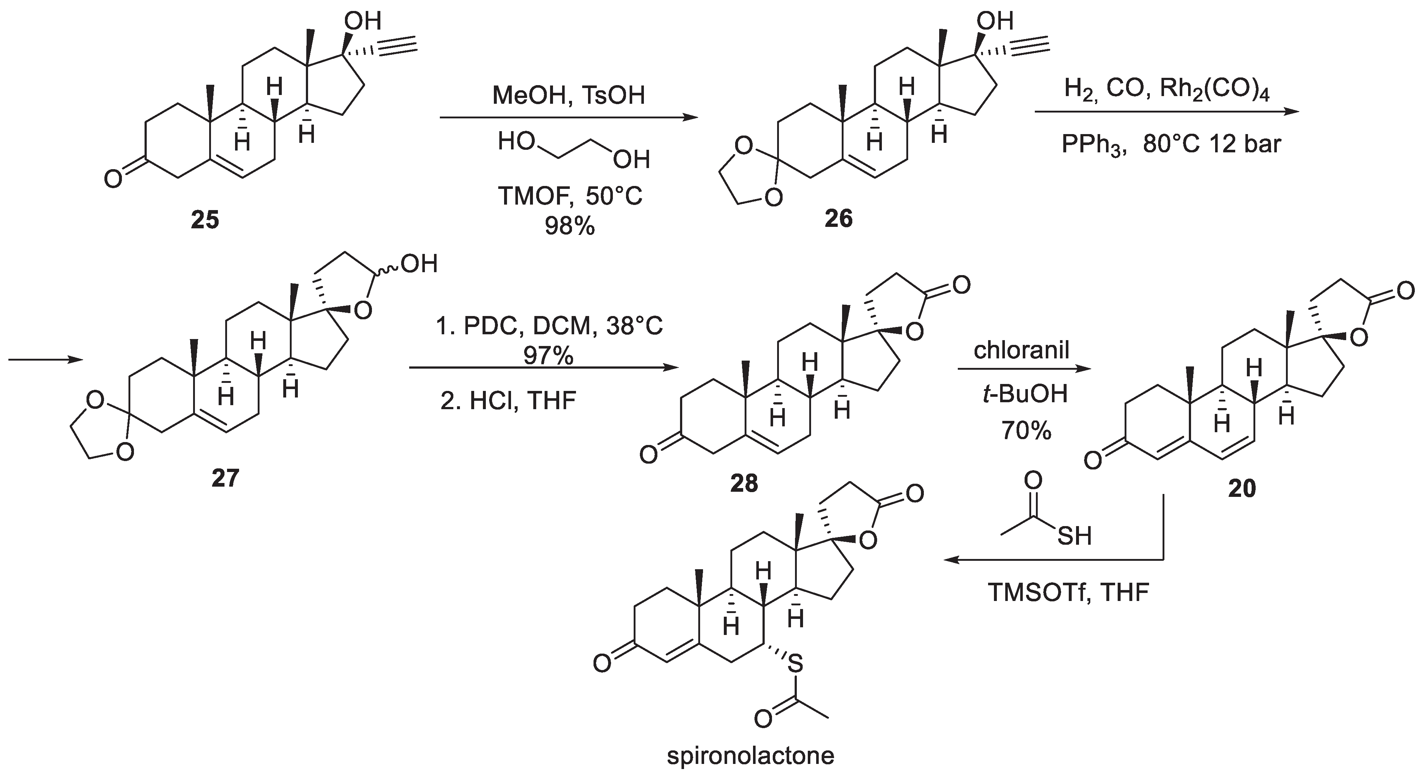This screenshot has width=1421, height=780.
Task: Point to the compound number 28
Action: (744, 484)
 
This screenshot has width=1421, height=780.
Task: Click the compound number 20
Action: (1242, 488)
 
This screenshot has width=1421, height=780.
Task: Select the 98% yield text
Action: (570, 226)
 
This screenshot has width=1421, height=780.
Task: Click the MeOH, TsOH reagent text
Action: (569, 95)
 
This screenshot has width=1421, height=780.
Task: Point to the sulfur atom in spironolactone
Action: (794, 665)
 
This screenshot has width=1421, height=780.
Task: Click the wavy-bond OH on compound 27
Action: (420, 265)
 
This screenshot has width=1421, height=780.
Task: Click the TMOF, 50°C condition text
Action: (570, 196)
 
